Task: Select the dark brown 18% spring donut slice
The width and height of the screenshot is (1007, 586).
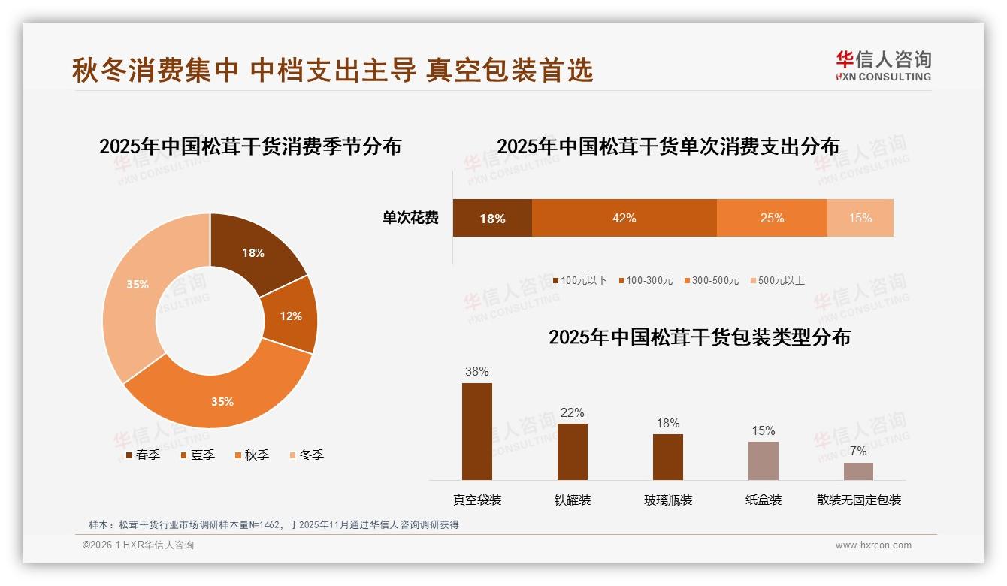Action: [x=253, y=253]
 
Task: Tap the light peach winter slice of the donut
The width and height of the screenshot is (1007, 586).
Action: [x=138, y=285]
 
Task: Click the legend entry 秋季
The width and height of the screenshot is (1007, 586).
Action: [x=251, y=455]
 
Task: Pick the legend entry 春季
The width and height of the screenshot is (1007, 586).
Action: [x=143, y=455]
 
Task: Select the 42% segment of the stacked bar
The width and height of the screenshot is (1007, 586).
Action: [x=624, y=218]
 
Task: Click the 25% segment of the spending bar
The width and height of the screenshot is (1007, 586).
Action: [x=772, y=218]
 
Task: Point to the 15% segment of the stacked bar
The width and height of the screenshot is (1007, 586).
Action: [x=860, y=218]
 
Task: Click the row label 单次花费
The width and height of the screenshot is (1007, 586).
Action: [x=410, y=218]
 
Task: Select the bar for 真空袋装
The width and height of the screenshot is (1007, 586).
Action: [x=477, y=431]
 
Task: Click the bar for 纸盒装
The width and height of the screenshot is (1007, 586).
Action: [x=763, y=461]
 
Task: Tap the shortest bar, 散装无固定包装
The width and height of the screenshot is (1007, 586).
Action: [x=858, y=471]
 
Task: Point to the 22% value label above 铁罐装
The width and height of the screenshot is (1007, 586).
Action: [x=572, y=412]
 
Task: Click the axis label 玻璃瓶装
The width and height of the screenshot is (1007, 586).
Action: [x=668, y=500]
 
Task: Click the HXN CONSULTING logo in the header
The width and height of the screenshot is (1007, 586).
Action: [x=883, y=66]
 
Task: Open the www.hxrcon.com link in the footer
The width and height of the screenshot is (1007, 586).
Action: [x=873, y=545]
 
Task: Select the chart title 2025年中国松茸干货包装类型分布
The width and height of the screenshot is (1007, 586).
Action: [x=700, y=337]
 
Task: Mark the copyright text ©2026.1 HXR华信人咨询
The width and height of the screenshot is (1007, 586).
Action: [x=138, y=545]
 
